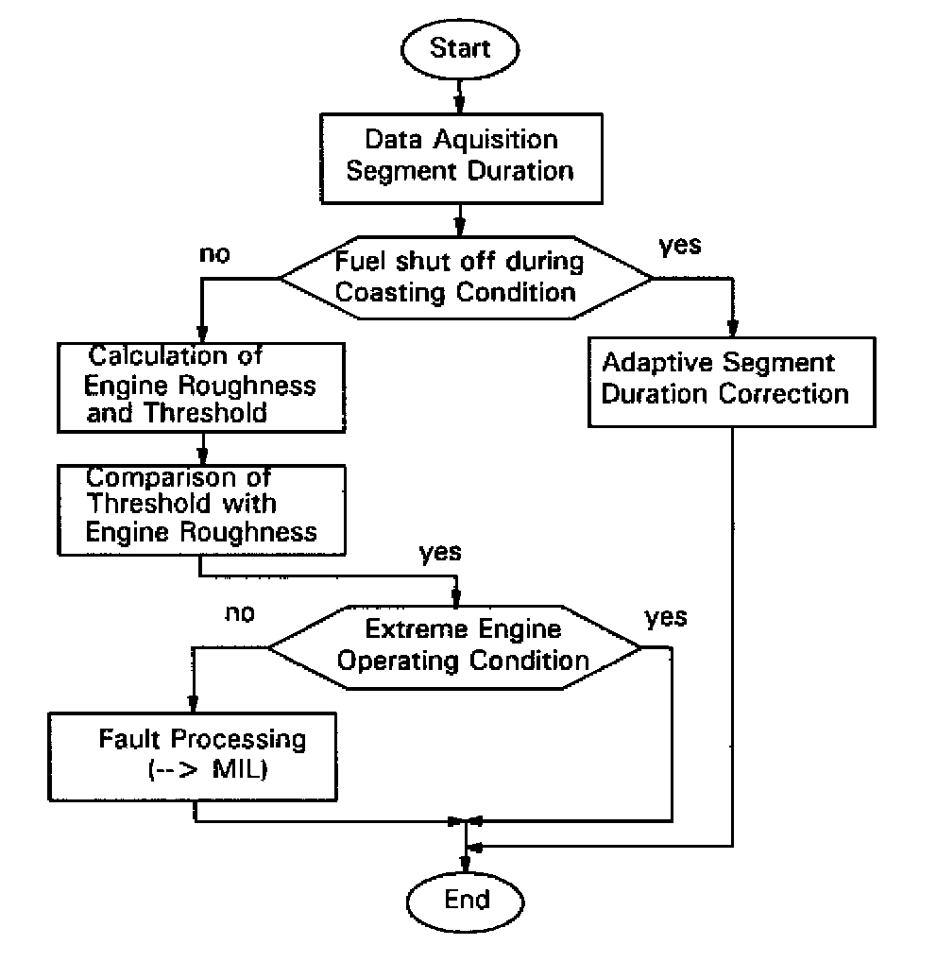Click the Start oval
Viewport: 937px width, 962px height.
pyautogui.click(x=460, y=49)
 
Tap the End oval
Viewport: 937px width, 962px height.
pyautogui.click(x=466, y=902)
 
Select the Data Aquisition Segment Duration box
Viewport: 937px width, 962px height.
pyautogui.click(x=462, y=159)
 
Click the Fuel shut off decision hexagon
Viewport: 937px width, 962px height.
pyautogui.click(x=466, y=277)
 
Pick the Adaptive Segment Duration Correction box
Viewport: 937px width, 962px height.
pyautogui.click(x=732, y=382)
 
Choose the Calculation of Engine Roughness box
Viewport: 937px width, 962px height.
pyautogui.click(x=201, y=387)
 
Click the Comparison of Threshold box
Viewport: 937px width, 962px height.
pyautogui.click(x=201, y=510)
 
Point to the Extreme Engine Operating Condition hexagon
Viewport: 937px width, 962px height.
pyautogui.click(x=455, y=647)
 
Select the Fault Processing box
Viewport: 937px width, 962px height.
pyautogui.click(x=193, y=757)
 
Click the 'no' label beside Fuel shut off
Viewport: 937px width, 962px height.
pyautogui.click(x=214, y=254)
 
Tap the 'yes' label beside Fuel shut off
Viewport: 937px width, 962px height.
pyautogui.click(x=680, y=246)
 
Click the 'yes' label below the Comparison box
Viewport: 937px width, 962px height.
pyautogui.click(x=440, y=553)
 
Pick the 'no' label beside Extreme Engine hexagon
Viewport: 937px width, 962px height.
pyautogui.click(x=240, y=613)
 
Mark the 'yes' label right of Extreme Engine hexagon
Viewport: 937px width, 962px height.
pyautogui.click(x=666, y=617)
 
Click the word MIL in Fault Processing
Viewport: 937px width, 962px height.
pyautogui.click(x=238, y=769)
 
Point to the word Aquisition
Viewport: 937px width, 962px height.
pyautogui.click(x=496, y=140)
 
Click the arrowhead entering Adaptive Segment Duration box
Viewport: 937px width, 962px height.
pyautogui.click(x=732, y=328)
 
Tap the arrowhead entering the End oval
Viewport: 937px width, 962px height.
pyautogui.click(x=466, y=864)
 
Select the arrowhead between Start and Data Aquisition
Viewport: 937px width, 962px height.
pyautogui.click(x=459, y=105)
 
